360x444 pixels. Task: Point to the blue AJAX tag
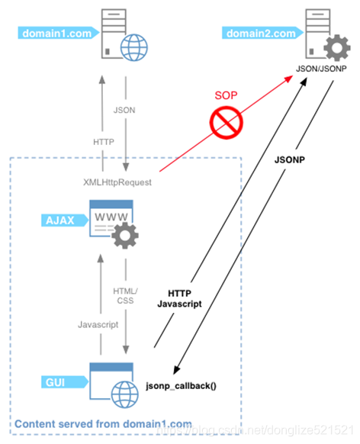click(x=56, y=220)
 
